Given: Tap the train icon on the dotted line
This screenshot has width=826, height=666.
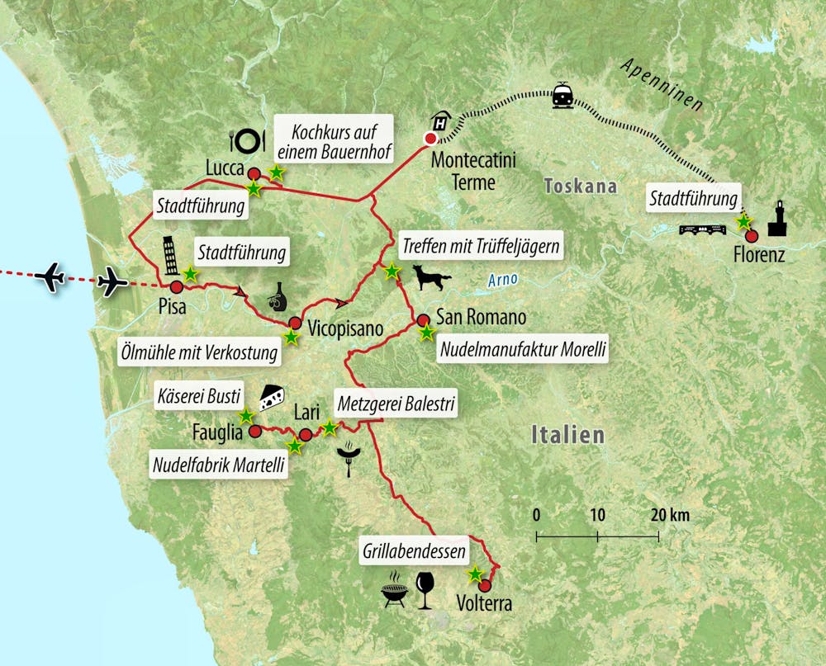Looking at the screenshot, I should (563, 96).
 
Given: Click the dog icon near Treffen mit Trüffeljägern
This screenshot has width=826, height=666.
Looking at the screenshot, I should (433, 278).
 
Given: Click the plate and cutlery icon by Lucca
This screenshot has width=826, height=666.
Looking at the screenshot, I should (247, 140).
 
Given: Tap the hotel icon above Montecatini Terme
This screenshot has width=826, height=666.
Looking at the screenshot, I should (442, 122).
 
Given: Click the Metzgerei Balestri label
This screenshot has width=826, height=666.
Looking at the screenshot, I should (396, 404).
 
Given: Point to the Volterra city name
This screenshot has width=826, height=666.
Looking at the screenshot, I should (484, 604).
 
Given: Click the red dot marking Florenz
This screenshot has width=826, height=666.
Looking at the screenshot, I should (752, 235).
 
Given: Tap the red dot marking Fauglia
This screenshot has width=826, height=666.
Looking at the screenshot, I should (255, 431).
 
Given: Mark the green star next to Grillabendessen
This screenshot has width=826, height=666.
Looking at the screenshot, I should (475, 574).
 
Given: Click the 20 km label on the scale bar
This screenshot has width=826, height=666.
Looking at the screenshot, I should (669, 516).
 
